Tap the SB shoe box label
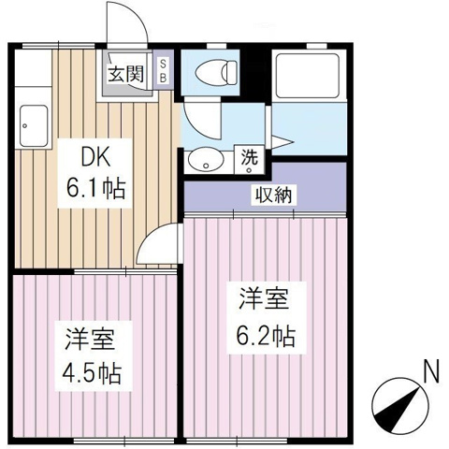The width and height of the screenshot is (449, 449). [163, 70]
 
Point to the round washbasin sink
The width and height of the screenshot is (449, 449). [201, 161]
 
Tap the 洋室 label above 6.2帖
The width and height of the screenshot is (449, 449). [263, 301]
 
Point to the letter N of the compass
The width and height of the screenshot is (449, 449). [430, 371]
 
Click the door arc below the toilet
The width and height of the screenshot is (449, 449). [198, 120]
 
